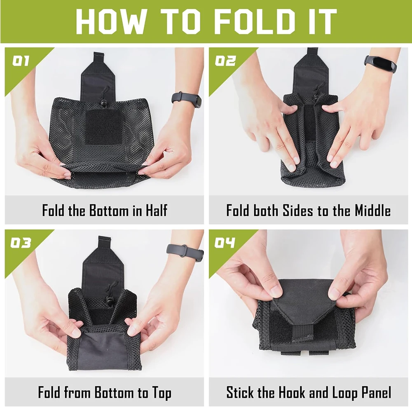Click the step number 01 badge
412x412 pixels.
pyautogui.click(x=21, y=61)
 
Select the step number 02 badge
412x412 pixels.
pyautogui.click(x=225, y=61)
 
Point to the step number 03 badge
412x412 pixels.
pyautogui.click(x=21, y=243)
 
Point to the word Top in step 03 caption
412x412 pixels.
pyautogui.click(x=162, y=393)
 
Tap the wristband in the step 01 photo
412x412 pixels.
pyautogui.click(x=187, y=100)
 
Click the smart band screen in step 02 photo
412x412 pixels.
pyautogui.click(x=384, y=64)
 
